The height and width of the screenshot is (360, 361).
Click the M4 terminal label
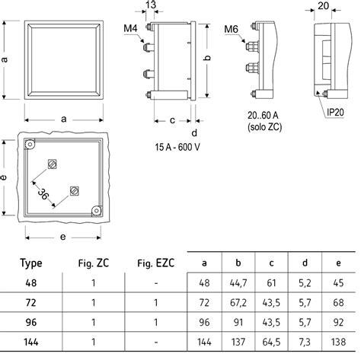[130, 28]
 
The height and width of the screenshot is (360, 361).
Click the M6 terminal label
[232, 30]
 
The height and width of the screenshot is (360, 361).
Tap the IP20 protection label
[335, 112]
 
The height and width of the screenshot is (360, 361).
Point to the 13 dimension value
[151, 5]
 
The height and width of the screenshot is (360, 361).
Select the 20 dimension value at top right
[323, 6]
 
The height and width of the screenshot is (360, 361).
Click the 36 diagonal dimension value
[43, 194]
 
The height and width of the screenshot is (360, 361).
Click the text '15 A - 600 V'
[177, 147]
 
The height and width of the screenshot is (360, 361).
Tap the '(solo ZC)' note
[265, 127]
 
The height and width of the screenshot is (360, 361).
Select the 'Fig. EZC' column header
[156, 263]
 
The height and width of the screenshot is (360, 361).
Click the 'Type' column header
[31, 263]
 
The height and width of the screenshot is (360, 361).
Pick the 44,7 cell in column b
[238, 283]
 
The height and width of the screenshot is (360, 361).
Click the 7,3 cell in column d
[305, 342]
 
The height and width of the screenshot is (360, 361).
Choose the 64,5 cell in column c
[271, 342]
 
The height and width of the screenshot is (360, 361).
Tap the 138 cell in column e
[338, 342]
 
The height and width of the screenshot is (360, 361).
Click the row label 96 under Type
[31, 323]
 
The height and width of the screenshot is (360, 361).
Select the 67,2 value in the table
[238, 303]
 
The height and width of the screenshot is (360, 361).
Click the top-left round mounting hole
[30, 144]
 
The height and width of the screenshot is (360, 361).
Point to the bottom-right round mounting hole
[97, 211]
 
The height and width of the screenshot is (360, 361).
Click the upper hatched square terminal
[53, 164]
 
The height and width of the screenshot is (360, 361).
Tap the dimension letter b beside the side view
[208, 58]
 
